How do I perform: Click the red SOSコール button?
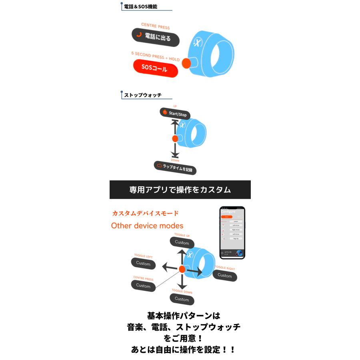[155, 68]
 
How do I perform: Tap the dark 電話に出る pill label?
[156, 37]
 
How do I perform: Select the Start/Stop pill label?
[175, 114]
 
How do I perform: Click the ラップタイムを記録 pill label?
[175, 168]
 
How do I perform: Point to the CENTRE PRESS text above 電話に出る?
[155, 26]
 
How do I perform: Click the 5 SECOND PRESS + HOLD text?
[155, 56]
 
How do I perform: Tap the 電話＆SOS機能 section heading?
[140, 7]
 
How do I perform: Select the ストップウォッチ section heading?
[143, 95]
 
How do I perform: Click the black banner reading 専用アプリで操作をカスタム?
[180, 190]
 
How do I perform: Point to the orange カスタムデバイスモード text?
[145, 213]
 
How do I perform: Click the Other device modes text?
[147, 226]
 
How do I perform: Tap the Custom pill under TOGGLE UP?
[182, 242]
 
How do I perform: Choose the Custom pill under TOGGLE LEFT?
[143, 263]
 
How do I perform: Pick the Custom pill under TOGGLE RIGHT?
[225, 276]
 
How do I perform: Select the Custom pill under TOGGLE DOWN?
[182, 299]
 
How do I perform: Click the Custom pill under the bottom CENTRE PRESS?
[143, 285]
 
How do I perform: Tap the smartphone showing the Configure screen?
[232, 232]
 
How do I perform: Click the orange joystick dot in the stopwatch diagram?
[175, 139]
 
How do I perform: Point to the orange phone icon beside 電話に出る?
[139, 35]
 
